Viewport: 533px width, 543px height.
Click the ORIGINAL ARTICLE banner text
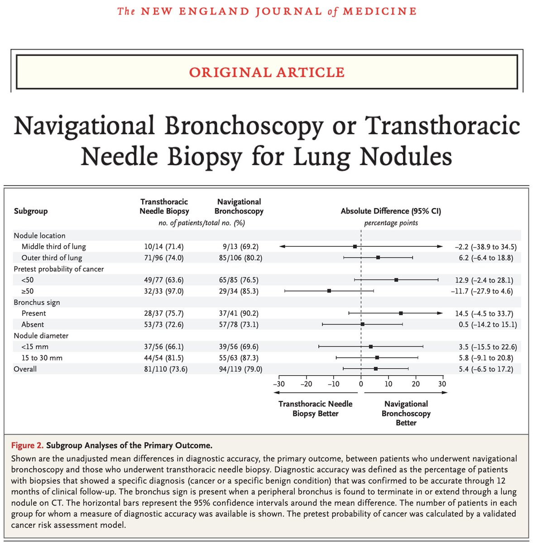[x=267, y=72]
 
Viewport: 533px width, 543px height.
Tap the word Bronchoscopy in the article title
[x=244, y=126]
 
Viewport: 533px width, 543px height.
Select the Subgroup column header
[x=31, y=211]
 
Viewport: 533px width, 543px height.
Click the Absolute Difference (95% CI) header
[x=391, y=211]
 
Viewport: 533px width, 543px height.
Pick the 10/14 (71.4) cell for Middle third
[x=164, y=247]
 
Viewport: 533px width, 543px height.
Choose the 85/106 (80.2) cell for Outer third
[x=240, y=258]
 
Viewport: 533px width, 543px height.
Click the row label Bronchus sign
[x=37, y=302]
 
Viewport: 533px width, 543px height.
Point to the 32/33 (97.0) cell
[x=164, y=291]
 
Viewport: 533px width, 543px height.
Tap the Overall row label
[x=25, y=369]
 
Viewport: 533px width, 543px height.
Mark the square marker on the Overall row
[x=376, y=369]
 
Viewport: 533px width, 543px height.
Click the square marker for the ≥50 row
[x=329, y=291]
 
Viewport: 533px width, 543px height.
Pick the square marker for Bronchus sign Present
[x=401, y=313]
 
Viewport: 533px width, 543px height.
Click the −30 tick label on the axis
[x=279, y=384]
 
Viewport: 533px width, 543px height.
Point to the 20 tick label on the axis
[x=416, y=384]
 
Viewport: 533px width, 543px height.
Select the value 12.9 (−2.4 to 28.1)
[x=484, y=280]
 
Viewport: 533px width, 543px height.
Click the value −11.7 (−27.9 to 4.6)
[x=482, y=291]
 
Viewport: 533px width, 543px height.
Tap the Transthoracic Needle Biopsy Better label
[x=315, y=409]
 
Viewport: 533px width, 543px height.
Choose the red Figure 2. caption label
[x=28, y=445]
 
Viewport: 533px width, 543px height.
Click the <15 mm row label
[x=35, y=347]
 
